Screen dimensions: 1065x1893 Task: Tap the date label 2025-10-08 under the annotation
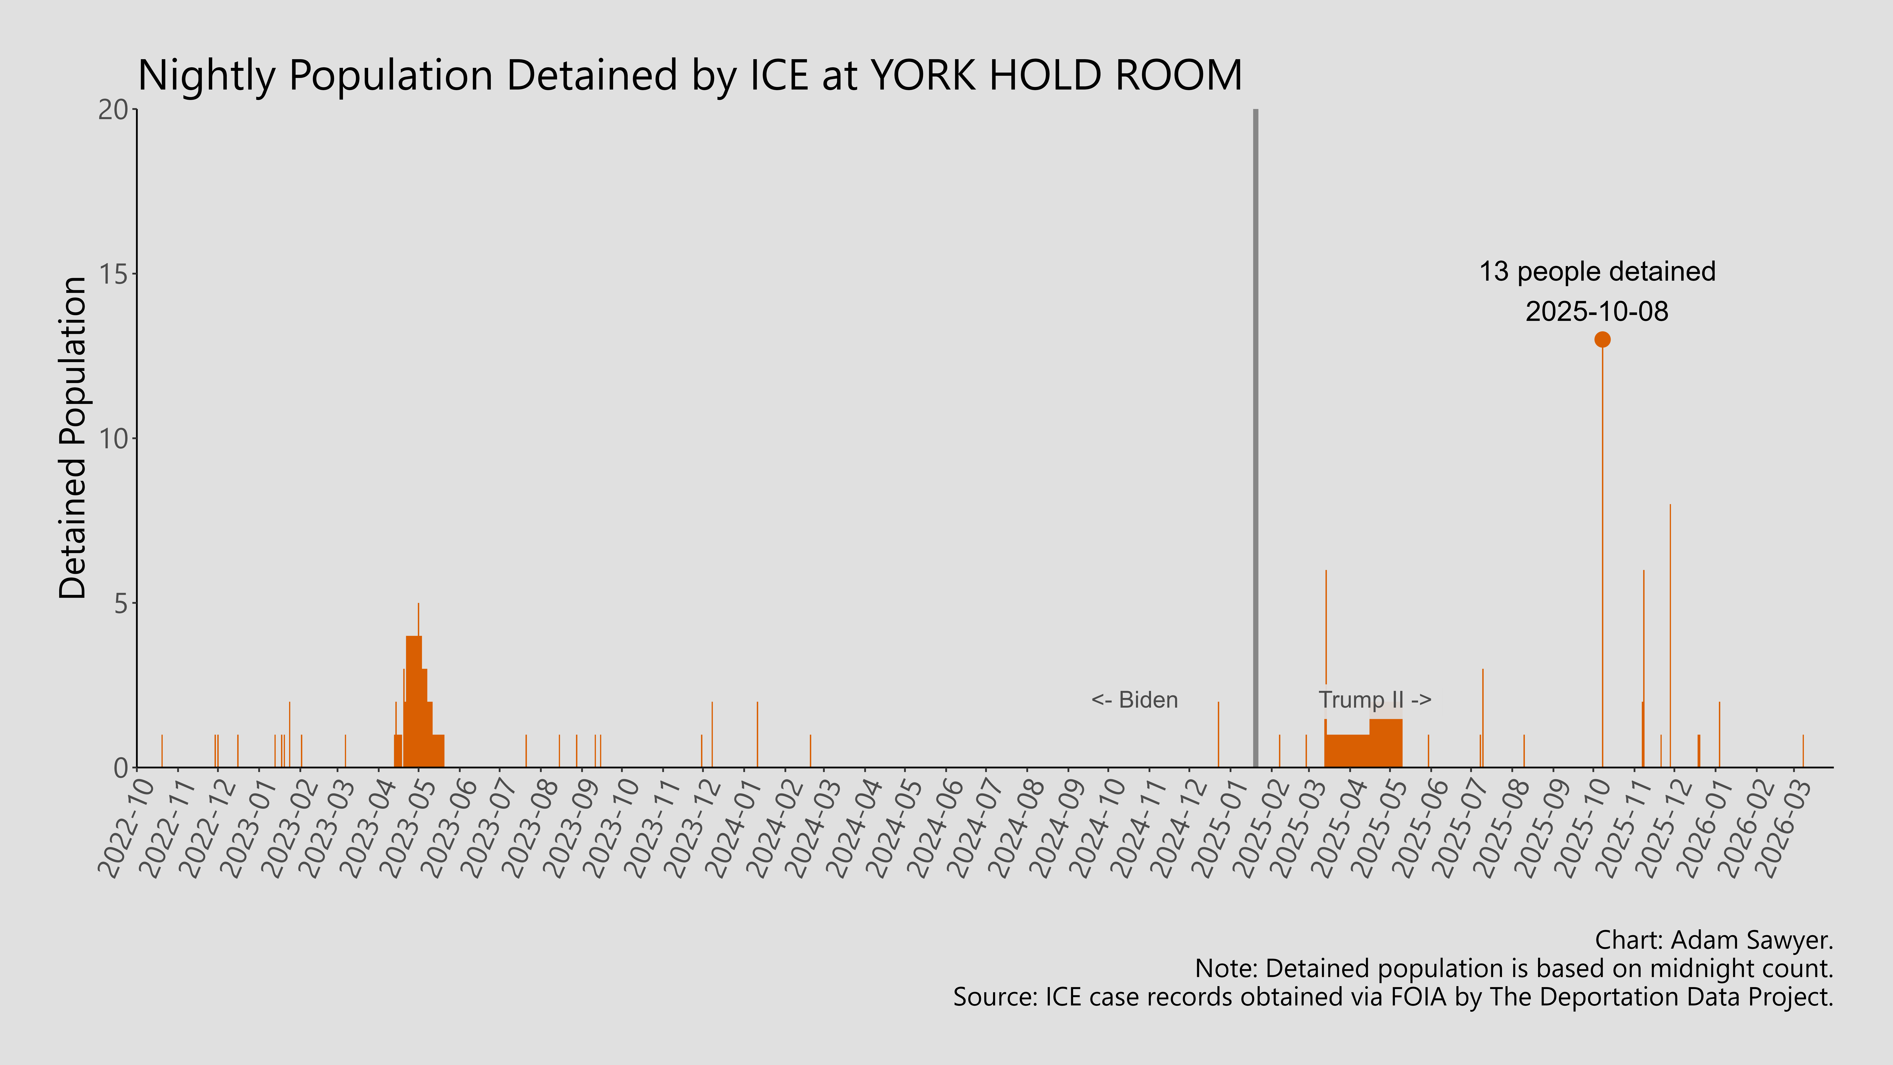(1597, 312)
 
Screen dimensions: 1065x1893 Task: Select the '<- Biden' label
(1135, 700)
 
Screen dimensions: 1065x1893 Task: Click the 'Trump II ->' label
(1374, 700)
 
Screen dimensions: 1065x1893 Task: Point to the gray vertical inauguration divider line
(1255, 441)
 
